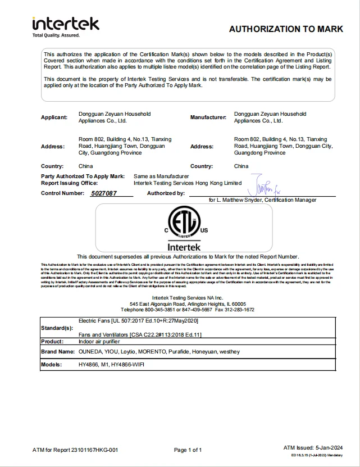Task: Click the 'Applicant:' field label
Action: (x=54, y=117)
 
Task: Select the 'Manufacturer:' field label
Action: (x=208, y=117)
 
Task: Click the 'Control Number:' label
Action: (x=62, y=193)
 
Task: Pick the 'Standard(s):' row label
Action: (x=57, y=328)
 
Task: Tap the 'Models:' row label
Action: (x=51, y=364)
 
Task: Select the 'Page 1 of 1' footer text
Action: (x=188, y=450)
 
